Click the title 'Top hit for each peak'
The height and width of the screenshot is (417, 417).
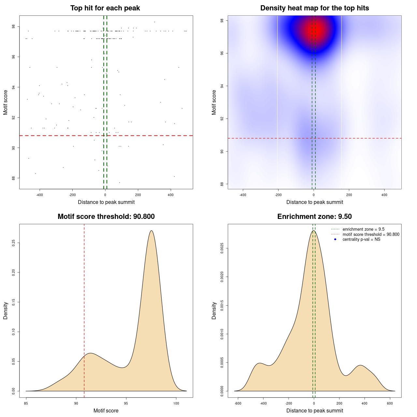(x=105, y=8)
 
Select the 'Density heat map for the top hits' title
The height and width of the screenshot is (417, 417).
(x=314, y=8)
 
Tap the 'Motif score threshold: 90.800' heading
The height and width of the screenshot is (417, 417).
(x=106, y=217)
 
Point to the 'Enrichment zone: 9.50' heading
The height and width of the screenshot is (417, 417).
(x=314, y=217)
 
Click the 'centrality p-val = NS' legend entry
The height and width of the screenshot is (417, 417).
(x=361, y=239)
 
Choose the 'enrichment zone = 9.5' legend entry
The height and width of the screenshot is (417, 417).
(x=363, y=229)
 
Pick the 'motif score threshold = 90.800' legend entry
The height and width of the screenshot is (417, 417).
(x=371, y=235)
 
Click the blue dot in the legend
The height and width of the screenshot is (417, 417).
(x=335, y=239)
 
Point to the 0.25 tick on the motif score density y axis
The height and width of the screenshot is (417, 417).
(x=13, y=243)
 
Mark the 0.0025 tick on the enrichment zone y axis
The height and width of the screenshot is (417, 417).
(x=222, y=249)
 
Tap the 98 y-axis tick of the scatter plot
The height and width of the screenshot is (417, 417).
(x=13, y=27)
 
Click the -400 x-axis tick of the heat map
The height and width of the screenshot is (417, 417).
(x=243, y=195)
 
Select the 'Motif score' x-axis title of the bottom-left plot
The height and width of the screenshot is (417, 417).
(x=106, y=410)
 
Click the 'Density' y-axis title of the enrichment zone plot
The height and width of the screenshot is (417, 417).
(x=214, y=310)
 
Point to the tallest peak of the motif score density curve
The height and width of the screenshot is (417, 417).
(x=151, y=231)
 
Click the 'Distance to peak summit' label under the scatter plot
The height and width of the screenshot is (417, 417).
(x=106, y=202)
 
